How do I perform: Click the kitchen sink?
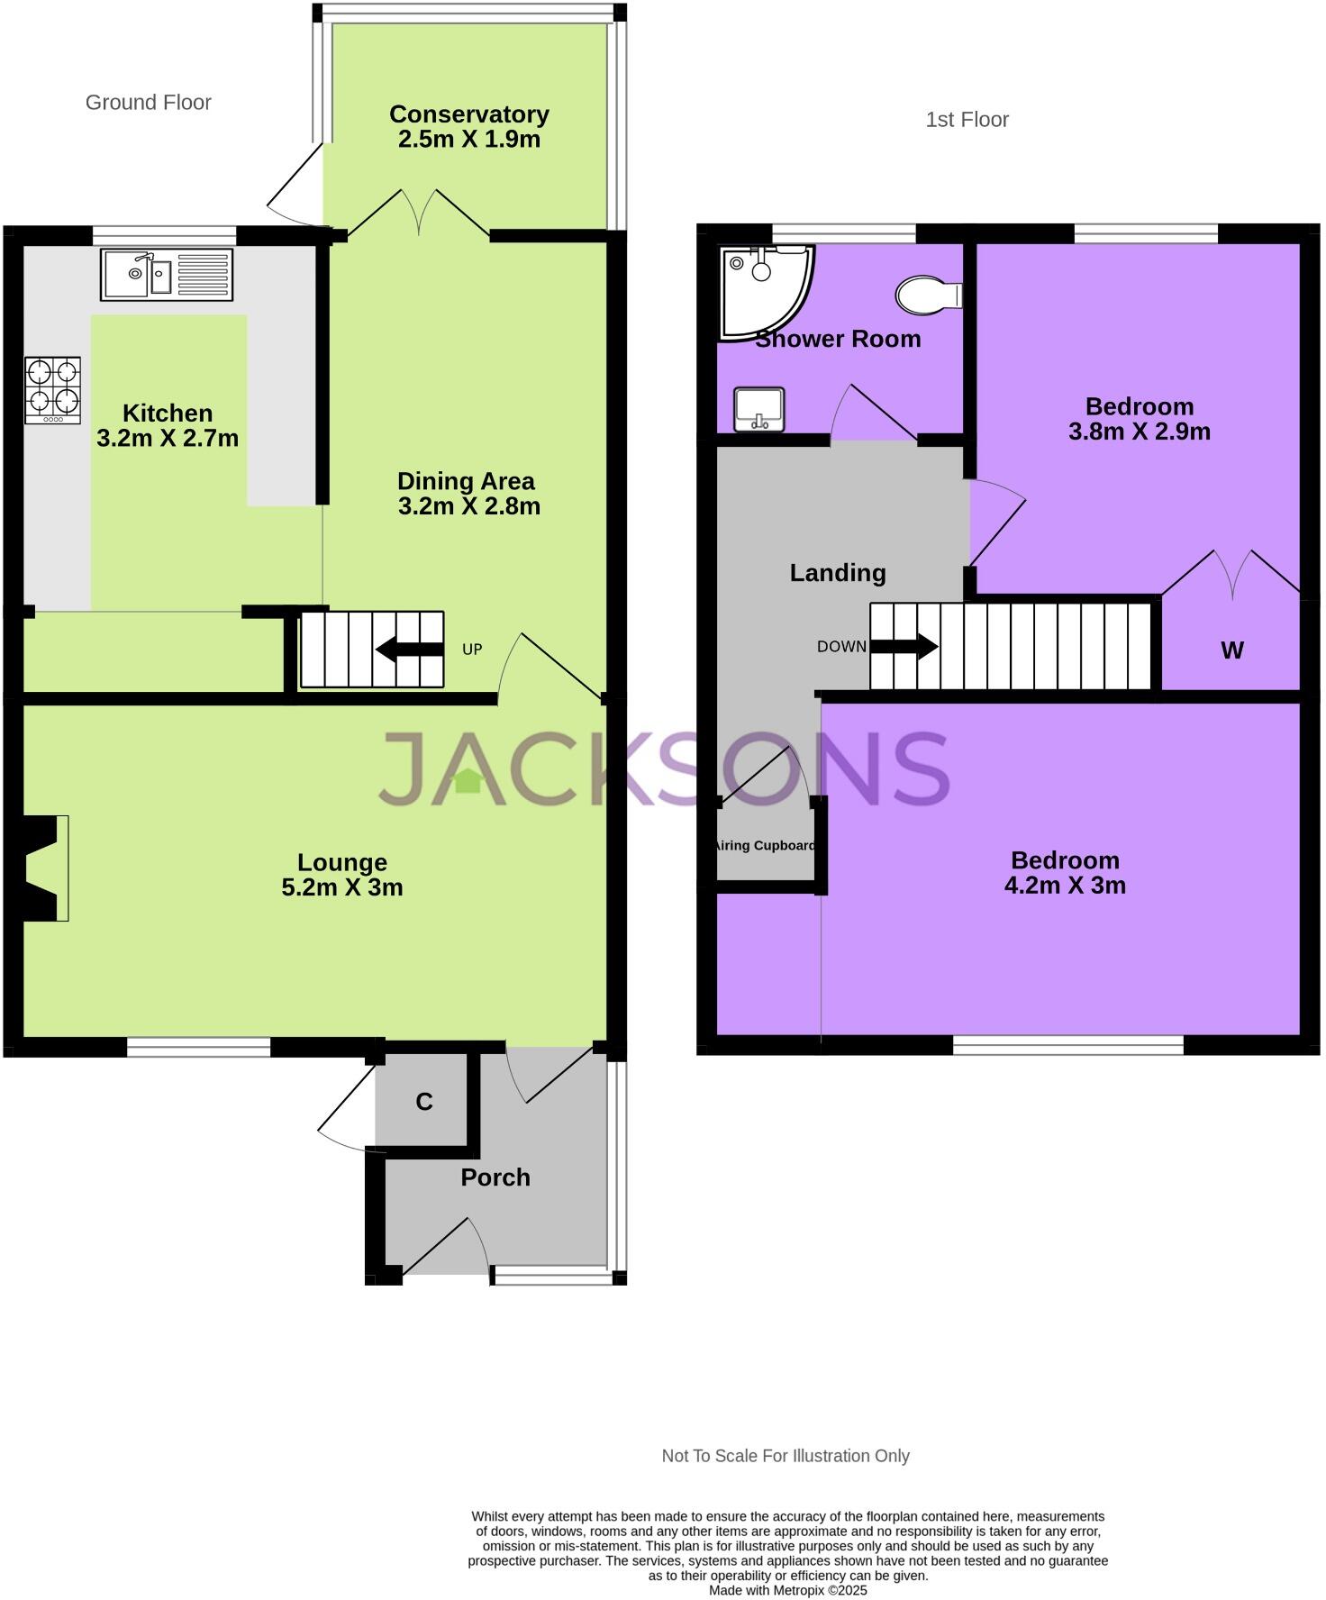166,274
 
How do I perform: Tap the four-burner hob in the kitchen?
52,389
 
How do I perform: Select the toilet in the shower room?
928,295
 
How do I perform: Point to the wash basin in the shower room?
759,409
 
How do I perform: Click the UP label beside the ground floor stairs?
472,650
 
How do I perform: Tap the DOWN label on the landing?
841,647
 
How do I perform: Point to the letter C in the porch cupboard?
424,1102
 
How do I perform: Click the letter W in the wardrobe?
1231,650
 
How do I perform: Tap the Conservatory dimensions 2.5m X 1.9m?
468,140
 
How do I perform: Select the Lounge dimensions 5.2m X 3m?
341,887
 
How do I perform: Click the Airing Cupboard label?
765,846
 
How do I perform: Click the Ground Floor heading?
148,103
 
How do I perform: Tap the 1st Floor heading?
967,120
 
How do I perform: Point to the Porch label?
495,1177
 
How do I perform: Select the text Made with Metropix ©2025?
787,1590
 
